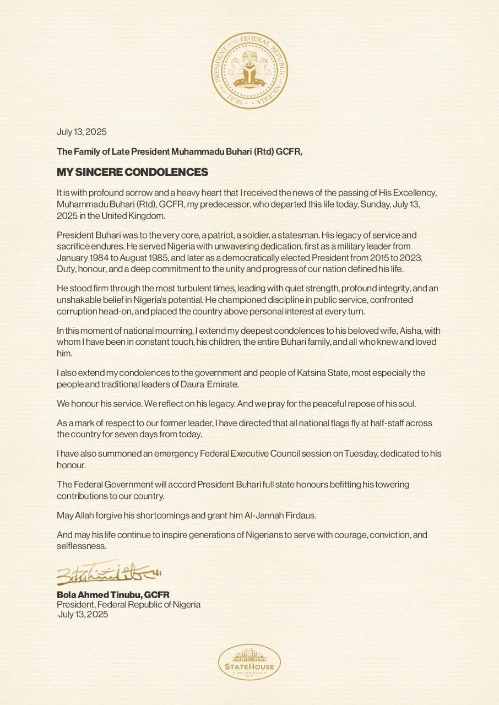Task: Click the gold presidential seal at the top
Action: click(250, 70)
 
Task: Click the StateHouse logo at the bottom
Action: click(250, 661)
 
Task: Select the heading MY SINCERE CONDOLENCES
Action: click(132, 172)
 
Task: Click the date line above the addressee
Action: click(82, 132)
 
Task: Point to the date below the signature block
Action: click(83, 614)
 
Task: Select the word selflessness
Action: click(81, 546)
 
